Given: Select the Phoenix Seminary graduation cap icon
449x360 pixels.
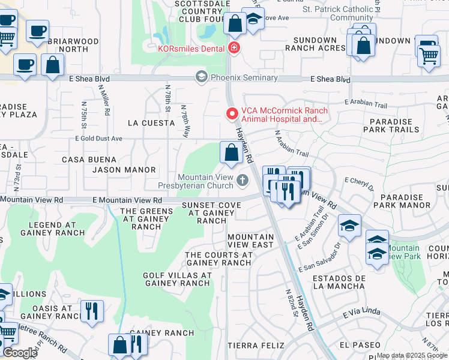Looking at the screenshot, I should point(201,77).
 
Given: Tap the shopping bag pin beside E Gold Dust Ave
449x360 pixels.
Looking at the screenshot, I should point(231,153).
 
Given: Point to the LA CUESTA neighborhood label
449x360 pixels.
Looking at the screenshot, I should point(151,123).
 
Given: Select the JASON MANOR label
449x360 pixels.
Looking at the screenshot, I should point(124,170).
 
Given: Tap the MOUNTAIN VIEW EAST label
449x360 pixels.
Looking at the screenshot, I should point(251,241).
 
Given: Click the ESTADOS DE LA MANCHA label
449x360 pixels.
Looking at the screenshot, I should point(339,282).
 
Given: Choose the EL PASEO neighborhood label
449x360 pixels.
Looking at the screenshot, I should point(360,345).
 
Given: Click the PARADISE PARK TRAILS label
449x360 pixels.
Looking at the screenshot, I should point(395,125).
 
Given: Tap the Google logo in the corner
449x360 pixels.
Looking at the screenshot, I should point(20,352).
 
